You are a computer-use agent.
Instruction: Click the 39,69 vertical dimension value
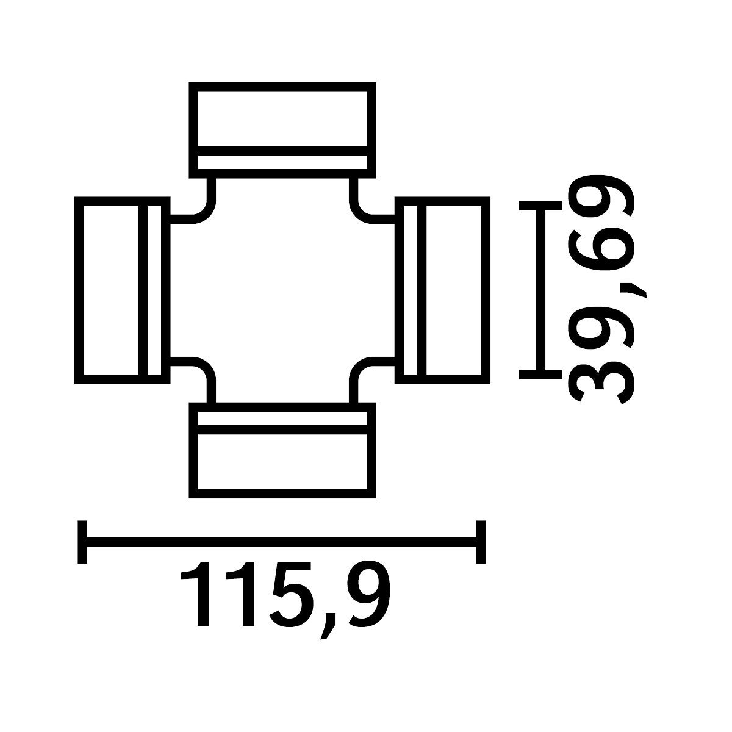pos(604,290)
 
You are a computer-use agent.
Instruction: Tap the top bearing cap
pos(282,131)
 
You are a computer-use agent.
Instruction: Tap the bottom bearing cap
pos(282,450)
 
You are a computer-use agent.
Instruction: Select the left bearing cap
pos(123,290)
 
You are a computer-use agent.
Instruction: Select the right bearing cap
pos(442,290)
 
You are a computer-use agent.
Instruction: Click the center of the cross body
pos(282,290)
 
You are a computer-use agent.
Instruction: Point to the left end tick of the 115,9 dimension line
pos(82,542)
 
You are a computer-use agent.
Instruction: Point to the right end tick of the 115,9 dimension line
pos(481,542)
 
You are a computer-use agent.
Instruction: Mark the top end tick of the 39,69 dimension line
pos(540,205)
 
